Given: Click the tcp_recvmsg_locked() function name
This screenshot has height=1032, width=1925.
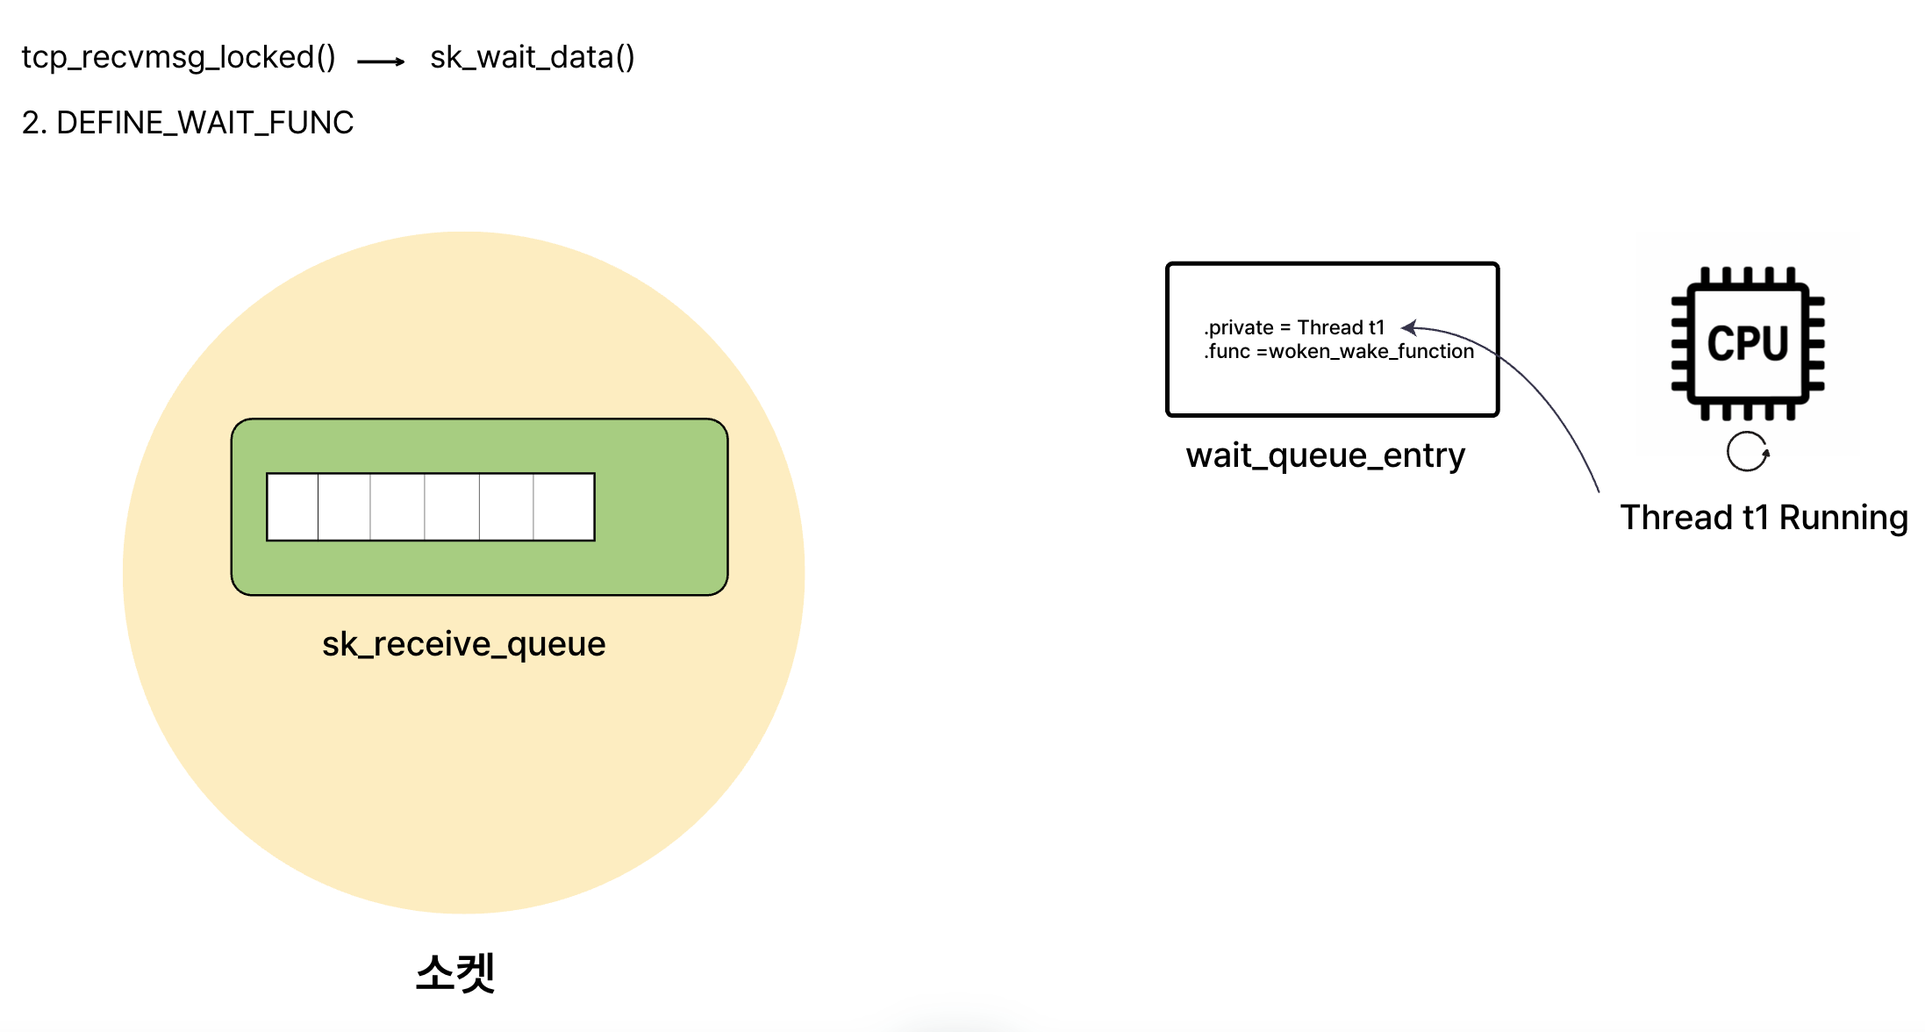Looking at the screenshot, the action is click(x=178, y=58).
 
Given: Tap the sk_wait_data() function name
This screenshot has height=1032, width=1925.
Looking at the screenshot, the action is click(x=532, y=58).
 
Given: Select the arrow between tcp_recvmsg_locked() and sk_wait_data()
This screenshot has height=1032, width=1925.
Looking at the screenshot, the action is click(x=382, y=61).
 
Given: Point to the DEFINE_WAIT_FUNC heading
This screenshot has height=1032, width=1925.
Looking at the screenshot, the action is click(x=204, y=123).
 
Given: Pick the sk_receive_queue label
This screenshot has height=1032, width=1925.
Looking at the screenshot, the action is click(x=463, y=644).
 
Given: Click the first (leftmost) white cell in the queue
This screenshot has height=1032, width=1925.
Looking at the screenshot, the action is click(x=292, y=507).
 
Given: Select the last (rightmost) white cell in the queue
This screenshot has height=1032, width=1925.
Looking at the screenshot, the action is click(x=564, y=507).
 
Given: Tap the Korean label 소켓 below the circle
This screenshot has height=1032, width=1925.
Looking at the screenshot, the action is click(x=455, y=972).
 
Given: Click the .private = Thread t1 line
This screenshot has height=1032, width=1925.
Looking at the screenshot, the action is click(x=1294, y=327).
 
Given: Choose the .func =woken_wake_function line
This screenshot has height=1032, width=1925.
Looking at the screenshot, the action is click(x=1339, y=352).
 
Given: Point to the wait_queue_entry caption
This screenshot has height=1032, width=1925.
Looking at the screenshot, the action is click(x=1325, y=455).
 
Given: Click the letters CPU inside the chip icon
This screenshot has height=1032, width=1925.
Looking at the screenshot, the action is click(x=1748, y=343).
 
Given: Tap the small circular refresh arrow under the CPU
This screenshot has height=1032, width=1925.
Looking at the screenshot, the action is click(x=1748, y=452).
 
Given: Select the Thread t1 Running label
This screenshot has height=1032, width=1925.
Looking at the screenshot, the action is click(x=1764, y=518).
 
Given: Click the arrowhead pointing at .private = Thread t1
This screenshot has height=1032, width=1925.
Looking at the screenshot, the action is click(x=1407, y=328).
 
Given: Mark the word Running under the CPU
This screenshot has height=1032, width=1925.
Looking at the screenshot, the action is click(x=1843, y=518).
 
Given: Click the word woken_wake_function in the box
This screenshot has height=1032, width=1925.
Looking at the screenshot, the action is click(x=1371, y=352).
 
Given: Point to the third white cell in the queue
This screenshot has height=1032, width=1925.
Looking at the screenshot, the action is click(x=397, y=507).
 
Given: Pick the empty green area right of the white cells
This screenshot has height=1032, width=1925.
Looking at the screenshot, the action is click(x=660, y=507).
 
